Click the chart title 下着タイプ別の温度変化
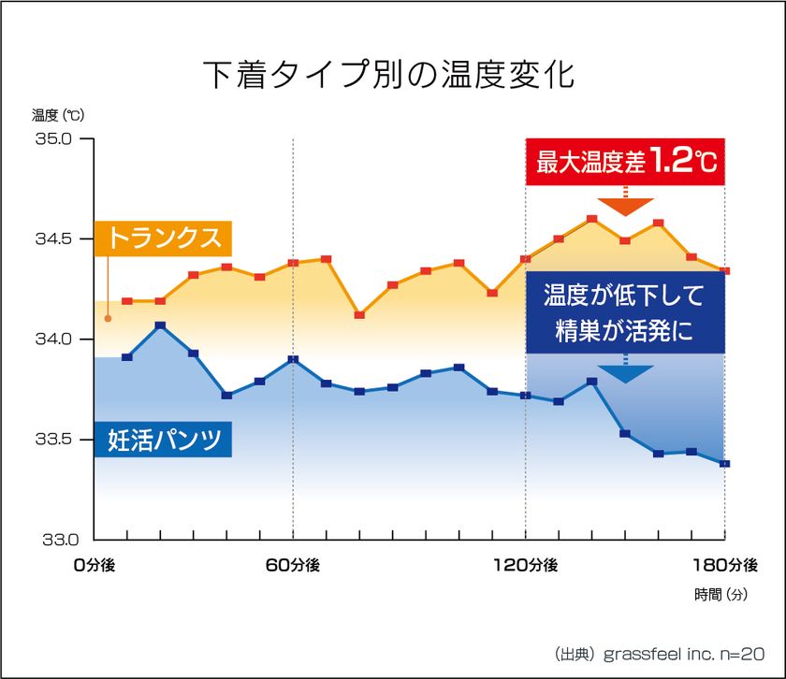pos(388,75)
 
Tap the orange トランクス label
pos(165,238)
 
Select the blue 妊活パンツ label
pos(165,440)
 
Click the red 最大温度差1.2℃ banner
pos(625,162)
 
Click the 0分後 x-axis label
pos(94,565)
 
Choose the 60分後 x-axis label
pos(293,565)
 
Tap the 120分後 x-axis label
pos(525,565)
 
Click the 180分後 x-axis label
pos(726,565)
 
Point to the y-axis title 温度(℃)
pos(58,116)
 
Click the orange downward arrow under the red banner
pos(625,206)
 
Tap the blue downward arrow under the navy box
pos(625,373)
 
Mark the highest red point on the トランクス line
pos(591,219)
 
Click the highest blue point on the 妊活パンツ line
pos(160,325)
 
